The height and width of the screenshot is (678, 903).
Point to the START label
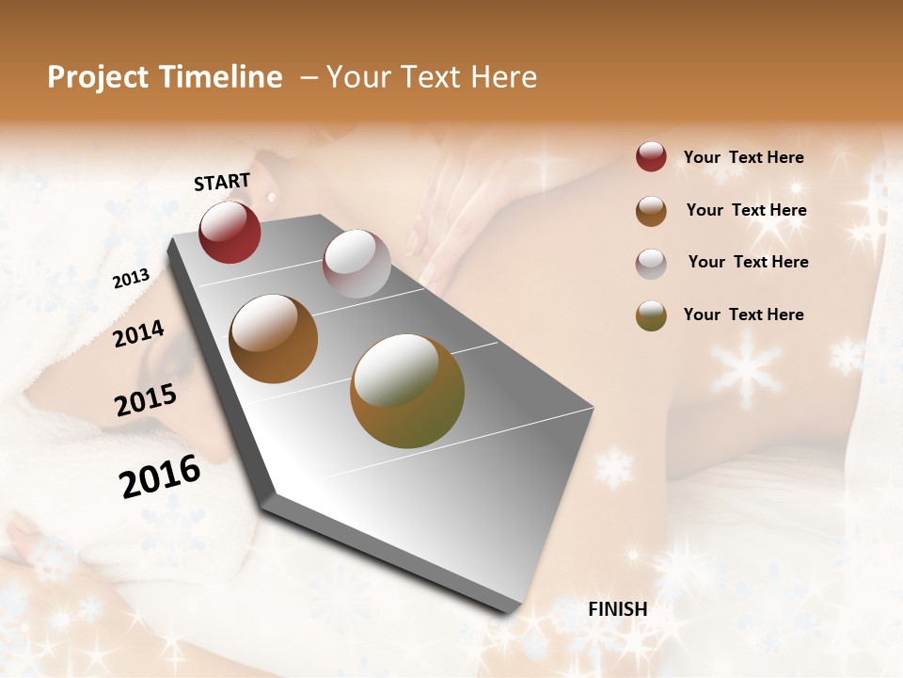(222, 182)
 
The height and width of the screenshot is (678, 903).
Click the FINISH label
(617, 609)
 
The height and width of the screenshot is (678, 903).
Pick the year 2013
(131, 279)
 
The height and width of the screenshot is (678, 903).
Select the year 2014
(138, 333)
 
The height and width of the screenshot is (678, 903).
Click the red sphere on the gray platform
(230, 232)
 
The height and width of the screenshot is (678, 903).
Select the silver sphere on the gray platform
(356, 264)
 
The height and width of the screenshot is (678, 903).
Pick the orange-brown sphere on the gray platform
(274, 339)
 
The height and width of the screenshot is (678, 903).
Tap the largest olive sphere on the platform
(407, 391)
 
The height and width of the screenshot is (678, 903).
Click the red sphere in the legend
(651, 156)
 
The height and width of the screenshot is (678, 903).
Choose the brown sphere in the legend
(651, 211)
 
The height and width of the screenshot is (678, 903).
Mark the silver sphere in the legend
(651, 264)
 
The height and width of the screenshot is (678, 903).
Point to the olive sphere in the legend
(651, 315)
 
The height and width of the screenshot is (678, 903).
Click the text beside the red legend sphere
(743, 157)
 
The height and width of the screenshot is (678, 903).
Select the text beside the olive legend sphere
(743, 315)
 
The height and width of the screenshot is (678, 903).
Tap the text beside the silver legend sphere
(748, 262)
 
